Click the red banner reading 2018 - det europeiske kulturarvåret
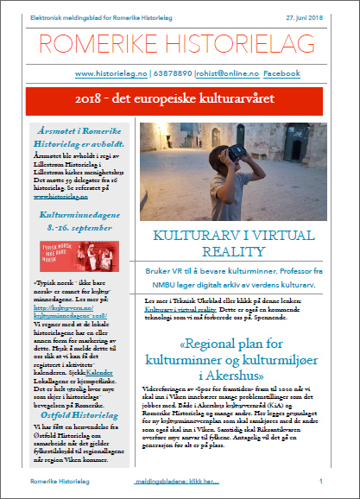(x=179, y=101)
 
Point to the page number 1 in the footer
(x=321, y=480)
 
